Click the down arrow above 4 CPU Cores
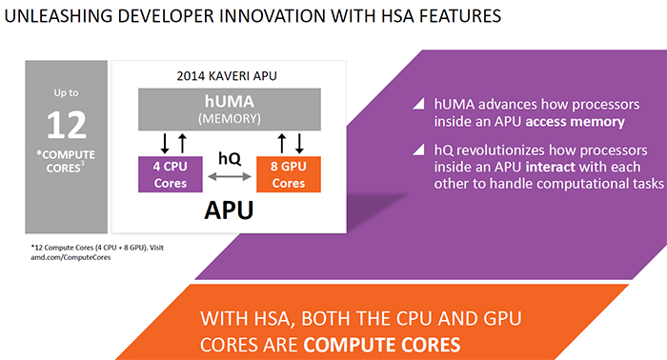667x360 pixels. point(164,144)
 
